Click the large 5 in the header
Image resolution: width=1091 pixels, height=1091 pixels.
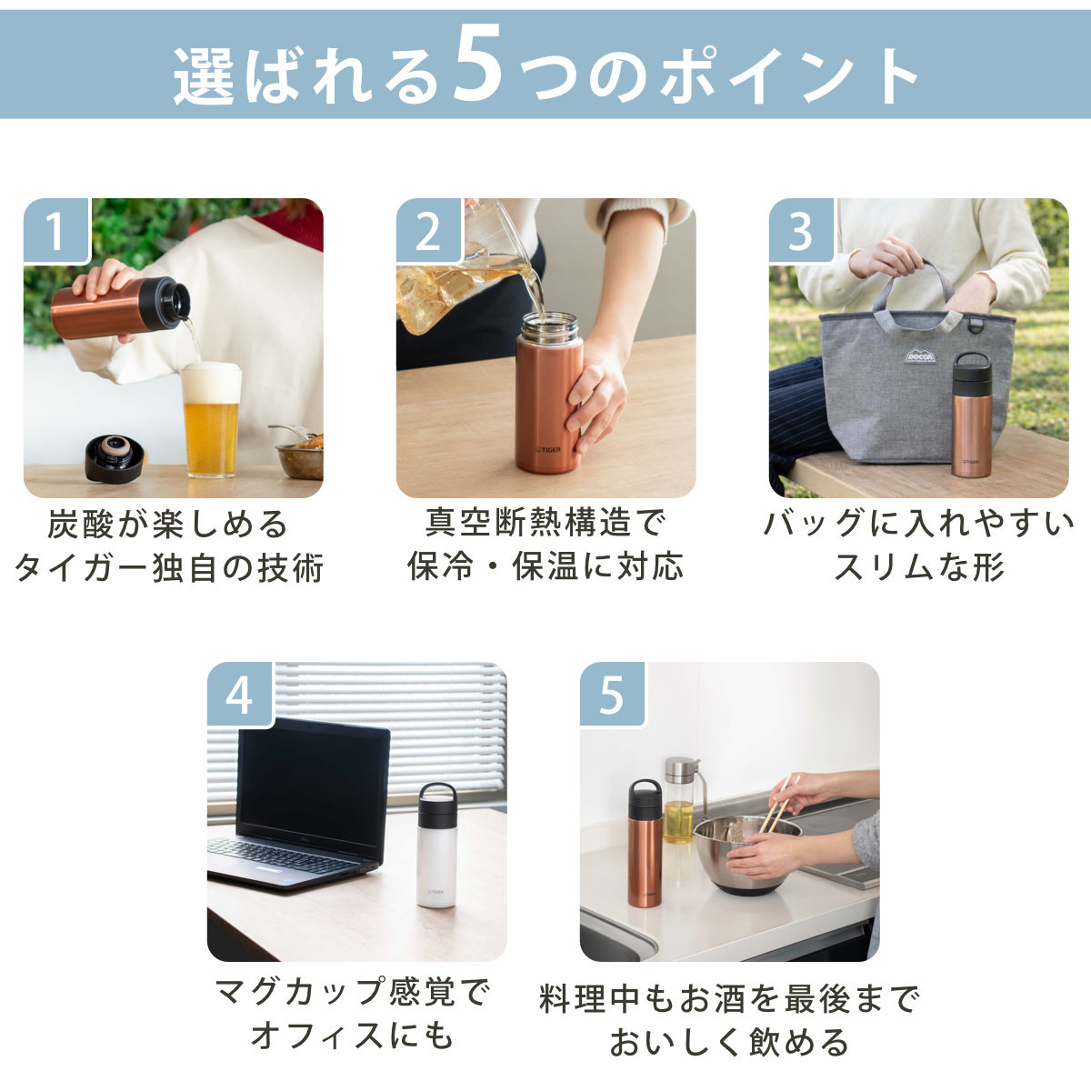pos(478,65)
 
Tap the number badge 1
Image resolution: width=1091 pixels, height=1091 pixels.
pos(56,230)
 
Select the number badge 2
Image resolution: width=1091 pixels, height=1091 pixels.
pos(428,230)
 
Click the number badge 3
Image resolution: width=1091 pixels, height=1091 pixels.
pos(801,230)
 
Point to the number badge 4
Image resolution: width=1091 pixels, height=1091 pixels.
pos(240,695)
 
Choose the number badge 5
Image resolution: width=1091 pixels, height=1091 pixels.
pos(613,695)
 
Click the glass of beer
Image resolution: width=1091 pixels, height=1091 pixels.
pos(211,420)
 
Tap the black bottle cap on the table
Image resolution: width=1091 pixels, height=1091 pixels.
pos(114,458)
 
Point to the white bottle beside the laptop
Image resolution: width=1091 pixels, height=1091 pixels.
pos(437,846)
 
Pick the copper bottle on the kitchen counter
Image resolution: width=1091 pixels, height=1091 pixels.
pos(645,844)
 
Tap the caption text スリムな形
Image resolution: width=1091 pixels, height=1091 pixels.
pos(919,566)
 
